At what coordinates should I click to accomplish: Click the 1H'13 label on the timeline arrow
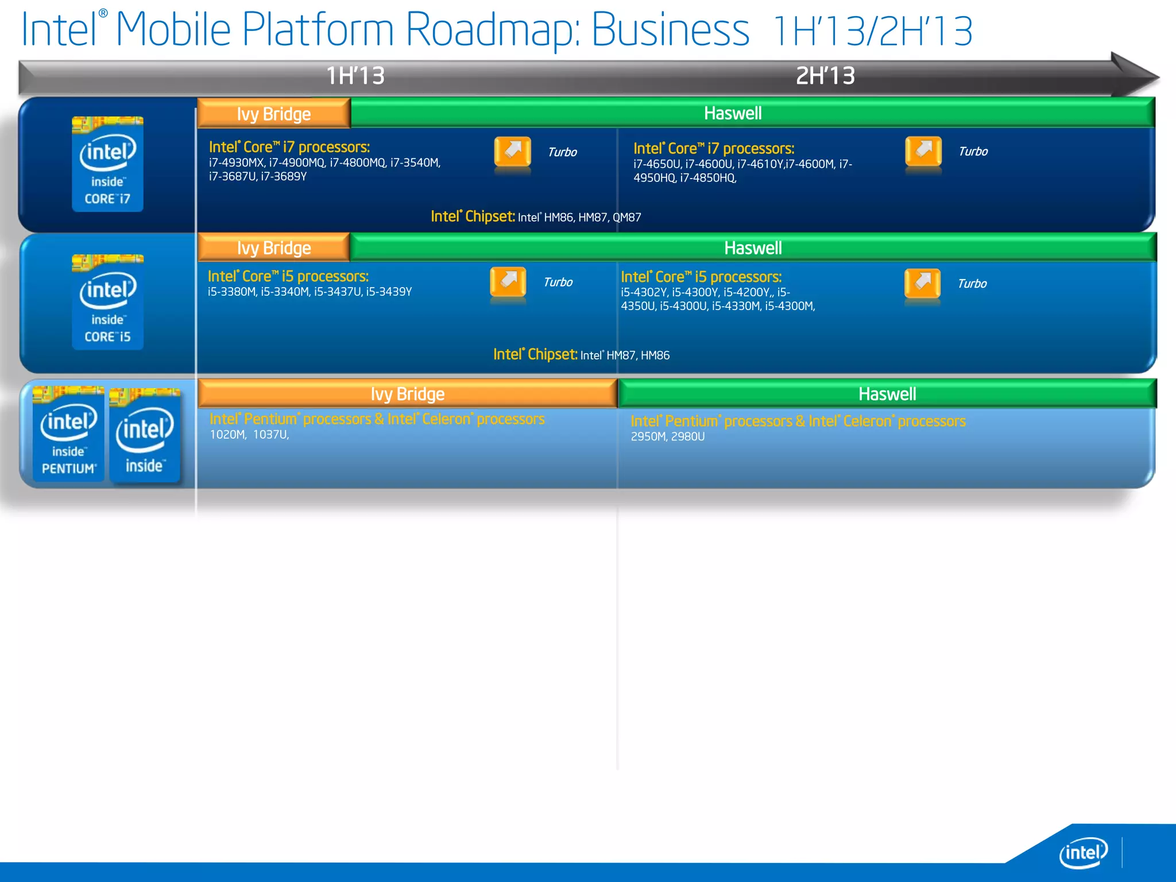click(x=355, y=76)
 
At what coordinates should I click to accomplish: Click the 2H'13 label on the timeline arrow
click(x=825, y=76)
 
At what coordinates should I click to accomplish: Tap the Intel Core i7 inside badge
click(x=107, y=164)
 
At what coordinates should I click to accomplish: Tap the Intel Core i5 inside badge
click(x=107, y=302)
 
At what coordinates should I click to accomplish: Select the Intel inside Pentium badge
click(x=68, y=434)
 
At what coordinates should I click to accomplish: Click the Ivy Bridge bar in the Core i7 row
click(x=274, y=114)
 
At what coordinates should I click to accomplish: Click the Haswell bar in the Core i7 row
click(x=733, y=113)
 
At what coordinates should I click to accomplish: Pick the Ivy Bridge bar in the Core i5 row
click(x=274, y=248)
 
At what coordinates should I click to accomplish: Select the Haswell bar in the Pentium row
click(x=887, y=394)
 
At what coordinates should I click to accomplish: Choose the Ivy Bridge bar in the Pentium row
click(x=408, y=394)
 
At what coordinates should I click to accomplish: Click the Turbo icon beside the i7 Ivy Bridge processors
click(x=512, y=153)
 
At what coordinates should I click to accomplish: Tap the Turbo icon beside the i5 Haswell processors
click(x=922, y=284)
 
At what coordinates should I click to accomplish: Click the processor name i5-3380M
click(x=232, y=292)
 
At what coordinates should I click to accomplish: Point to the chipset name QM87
click(x=627, y=218)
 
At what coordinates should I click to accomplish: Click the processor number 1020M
click(x=228, y=435)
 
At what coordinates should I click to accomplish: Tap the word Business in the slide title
click(x=670, y=30)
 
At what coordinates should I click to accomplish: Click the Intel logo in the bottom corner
click(x=1083, y=853)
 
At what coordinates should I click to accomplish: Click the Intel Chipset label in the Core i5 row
click(x=535, y=354)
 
